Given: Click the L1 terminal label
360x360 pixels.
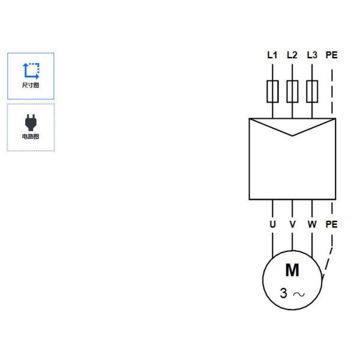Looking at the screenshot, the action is click(272, 55).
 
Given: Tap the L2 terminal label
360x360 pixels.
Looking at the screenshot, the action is click(292, 55).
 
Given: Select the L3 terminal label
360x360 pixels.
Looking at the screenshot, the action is click(312, 55).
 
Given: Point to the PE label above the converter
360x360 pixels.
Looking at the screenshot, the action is click(332, 55).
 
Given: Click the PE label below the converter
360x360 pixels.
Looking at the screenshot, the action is click(332, 224).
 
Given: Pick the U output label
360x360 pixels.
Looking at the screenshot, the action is click(272, 224).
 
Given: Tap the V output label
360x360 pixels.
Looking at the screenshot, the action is click(292, 224).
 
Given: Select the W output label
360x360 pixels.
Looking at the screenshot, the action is click(312, 224).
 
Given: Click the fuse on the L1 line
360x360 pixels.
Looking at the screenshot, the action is click(272, 91).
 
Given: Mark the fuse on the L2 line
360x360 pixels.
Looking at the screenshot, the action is click(292, 91).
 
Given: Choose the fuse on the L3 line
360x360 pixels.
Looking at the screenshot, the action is click(312, 91).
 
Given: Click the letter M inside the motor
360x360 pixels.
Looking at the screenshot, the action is click(292, 270).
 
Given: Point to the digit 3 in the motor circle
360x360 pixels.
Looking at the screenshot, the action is click(284, 293).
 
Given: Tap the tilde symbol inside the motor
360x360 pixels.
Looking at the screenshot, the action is click(299, 294).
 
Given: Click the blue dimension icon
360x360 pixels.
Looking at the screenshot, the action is click(31, 71).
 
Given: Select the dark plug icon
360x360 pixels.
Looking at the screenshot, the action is click(31, 122).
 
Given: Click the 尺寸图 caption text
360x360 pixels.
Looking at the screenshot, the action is click(31, 85).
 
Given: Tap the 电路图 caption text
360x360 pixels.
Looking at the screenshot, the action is click(31, 137).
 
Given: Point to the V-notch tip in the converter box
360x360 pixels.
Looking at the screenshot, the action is click(292, 136).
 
